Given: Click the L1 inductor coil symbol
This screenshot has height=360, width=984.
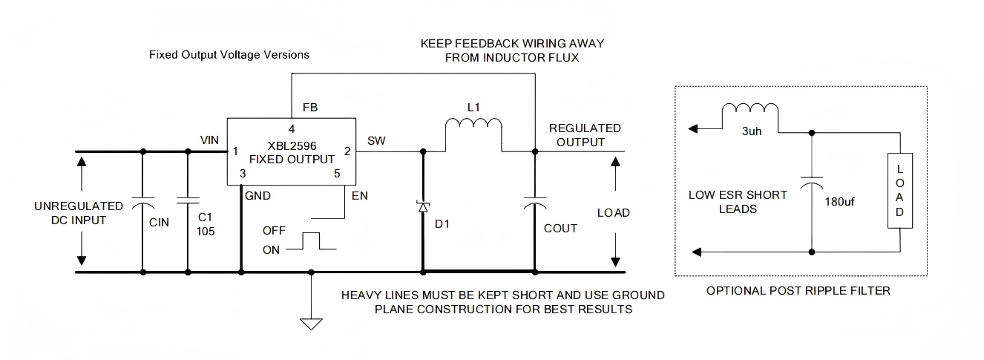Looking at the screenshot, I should click(473, 128).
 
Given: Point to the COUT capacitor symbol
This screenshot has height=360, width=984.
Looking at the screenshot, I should click(534, 202).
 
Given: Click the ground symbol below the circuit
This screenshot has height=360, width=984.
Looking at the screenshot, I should click(311, 323).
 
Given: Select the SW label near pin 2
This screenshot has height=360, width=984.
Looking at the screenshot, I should click(376, 140).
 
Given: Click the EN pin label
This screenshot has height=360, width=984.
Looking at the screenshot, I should click(360, 196).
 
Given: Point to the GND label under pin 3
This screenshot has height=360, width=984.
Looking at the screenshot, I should click(258, 196).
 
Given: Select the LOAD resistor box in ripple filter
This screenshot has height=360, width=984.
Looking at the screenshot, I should click(899, 191).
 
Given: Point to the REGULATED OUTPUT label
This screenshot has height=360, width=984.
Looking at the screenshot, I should click(585, 135).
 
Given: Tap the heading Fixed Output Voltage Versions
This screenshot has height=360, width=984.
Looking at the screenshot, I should click(229, 55).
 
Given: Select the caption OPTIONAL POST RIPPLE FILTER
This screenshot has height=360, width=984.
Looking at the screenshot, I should click(798, 291).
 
